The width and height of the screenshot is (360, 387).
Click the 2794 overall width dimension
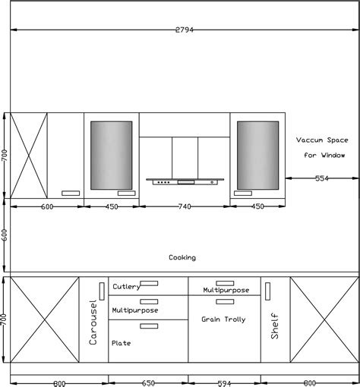185,30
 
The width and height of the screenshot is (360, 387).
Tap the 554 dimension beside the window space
322,178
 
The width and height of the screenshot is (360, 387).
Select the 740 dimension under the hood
185,206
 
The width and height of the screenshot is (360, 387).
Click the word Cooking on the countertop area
182,257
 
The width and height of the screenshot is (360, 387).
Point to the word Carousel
93,322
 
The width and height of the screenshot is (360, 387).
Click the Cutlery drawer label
126,287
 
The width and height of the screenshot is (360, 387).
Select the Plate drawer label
122,343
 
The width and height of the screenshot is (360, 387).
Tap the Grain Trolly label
223,319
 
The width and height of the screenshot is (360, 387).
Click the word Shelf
275,326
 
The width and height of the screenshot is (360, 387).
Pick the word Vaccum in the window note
310,140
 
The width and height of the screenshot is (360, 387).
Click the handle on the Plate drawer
149,326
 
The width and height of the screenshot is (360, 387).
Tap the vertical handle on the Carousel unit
102,291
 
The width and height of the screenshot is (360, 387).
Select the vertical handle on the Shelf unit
267,291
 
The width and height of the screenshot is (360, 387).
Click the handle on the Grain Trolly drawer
225,301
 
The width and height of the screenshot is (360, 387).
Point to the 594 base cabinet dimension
224,383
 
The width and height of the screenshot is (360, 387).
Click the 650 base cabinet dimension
148,383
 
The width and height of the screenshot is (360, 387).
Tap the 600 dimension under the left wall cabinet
47,206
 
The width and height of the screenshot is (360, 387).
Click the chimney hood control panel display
186,182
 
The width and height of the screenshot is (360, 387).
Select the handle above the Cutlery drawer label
149,283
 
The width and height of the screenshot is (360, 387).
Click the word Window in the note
333,155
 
